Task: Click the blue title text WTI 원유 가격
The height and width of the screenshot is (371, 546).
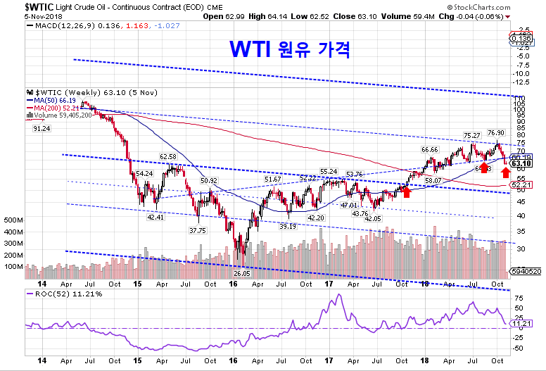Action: click(290, 49)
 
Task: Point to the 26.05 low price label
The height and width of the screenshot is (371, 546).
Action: click(243, 273)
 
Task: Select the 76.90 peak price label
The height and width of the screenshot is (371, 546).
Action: click(496, 132)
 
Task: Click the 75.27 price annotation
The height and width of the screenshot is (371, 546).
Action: click(472, 134)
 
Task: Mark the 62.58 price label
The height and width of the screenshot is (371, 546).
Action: click(168, 156)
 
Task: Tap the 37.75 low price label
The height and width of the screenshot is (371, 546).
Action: click(198, 229)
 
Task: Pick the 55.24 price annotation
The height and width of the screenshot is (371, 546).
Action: click(329, 171)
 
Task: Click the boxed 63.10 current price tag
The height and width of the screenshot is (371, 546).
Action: click(521, 163)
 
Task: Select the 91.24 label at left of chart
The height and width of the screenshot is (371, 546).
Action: click(42, 129)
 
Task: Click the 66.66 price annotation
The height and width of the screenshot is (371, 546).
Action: click(430, 150)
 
